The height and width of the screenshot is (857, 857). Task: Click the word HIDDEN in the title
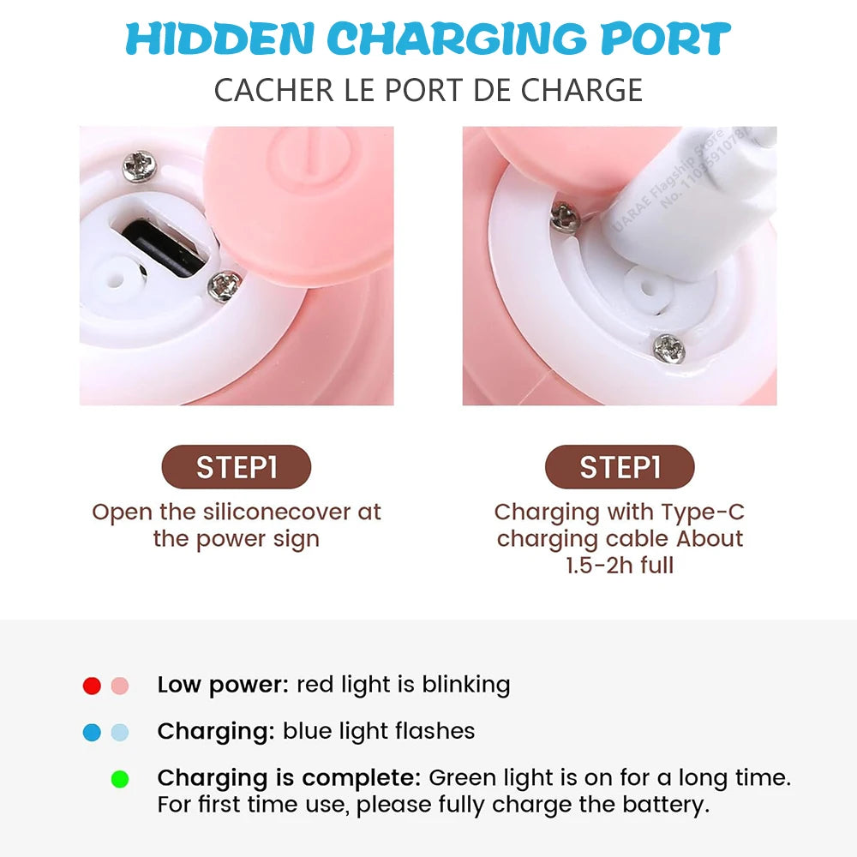pos(219,39)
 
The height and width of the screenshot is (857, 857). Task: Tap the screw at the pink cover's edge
pos(225,285)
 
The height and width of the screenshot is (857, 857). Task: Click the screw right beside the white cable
pos(566,217)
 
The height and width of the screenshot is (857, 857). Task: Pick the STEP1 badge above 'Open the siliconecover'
pos(237,467)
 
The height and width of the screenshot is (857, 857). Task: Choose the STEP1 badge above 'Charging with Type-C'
pos(620,467)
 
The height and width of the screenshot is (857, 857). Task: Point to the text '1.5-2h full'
pos(620,566)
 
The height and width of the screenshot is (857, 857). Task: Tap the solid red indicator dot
pos(92,686)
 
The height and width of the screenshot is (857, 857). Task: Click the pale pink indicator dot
pos(120,686)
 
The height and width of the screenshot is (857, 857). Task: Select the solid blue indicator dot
pos(92,733)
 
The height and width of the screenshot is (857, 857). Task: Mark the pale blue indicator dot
pos(120,733)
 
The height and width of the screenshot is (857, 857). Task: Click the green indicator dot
pos(120,779)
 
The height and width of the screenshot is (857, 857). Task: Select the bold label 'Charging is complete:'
pos(289,778)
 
